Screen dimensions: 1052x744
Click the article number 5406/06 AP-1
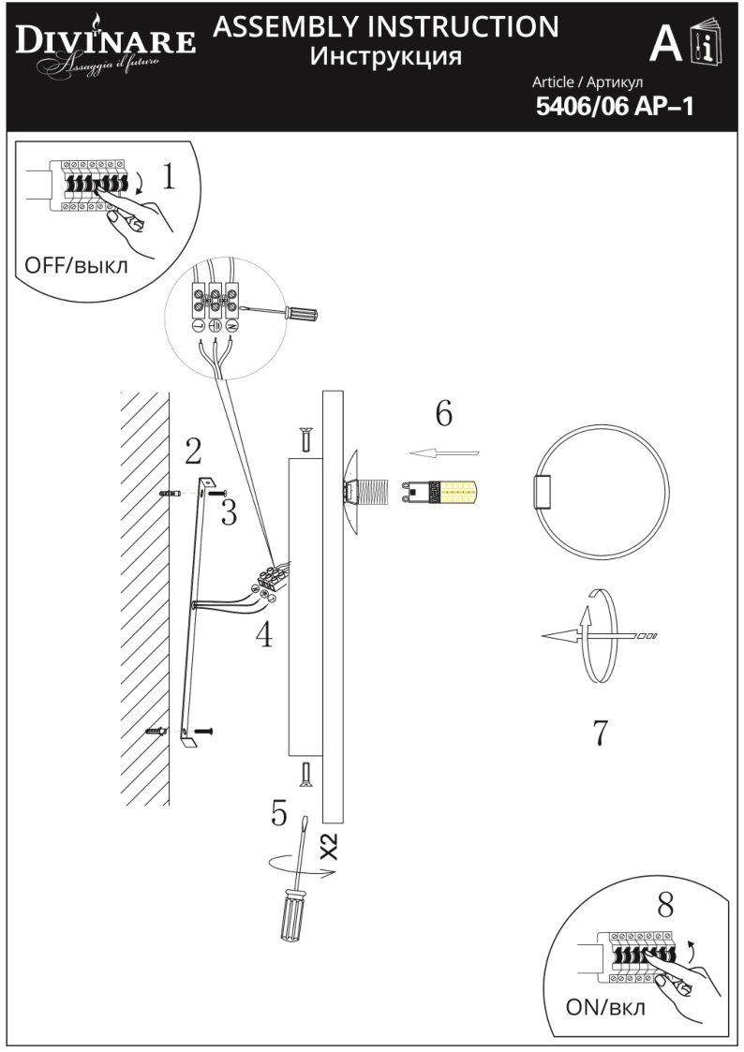[x=614, y=107]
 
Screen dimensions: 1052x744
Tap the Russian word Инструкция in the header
[x=386, y=56]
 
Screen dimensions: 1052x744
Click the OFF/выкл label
[x=71, y=265]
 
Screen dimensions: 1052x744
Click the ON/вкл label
[x=605, y=1008]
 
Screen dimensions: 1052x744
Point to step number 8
[x=665, y=905]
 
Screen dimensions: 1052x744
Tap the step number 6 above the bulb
[x=443, y=412]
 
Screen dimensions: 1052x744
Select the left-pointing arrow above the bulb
[x=444, y=453]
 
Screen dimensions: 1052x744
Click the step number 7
[x=601, y=733]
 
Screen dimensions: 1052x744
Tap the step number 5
[x=279, y=813]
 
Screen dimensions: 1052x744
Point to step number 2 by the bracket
[x=193, y=452]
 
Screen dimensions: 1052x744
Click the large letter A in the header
[x=665, y=44]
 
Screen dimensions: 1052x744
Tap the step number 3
[x=229, y=512]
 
